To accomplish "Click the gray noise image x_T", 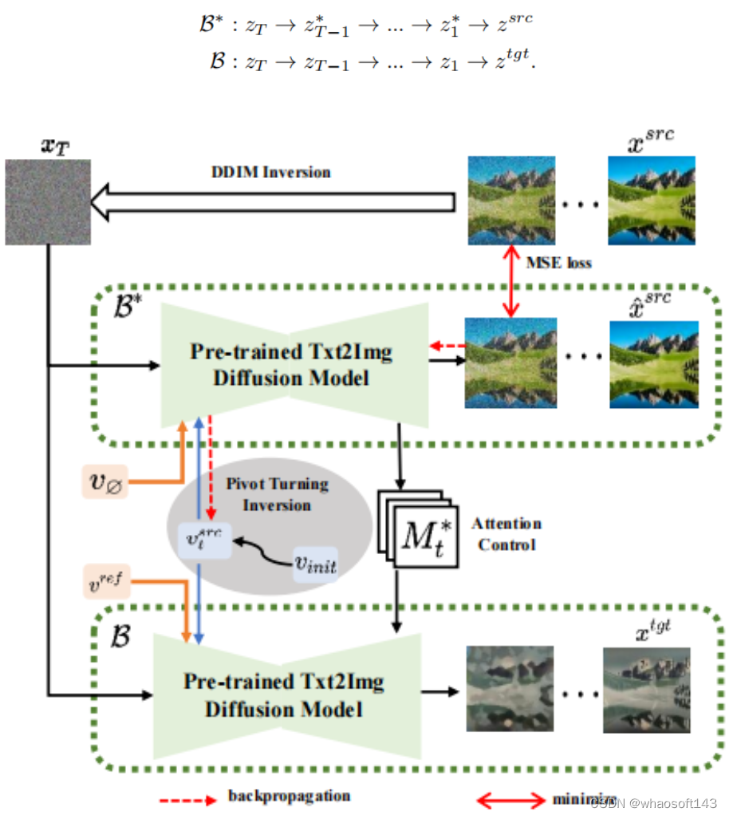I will coord(48,201).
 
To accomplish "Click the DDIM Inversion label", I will coord(270,172).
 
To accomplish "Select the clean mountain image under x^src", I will coord(651,200).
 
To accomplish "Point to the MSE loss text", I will coord(558,262).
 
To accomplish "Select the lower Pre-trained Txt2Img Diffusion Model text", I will coord(284,695).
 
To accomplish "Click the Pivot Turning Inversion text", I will coord(276,494).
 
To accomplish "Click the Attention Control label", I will coord(506,533).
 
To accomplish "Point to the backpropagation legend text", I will coord(289,795).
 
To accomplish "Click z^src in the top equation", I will coord(514,25).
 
